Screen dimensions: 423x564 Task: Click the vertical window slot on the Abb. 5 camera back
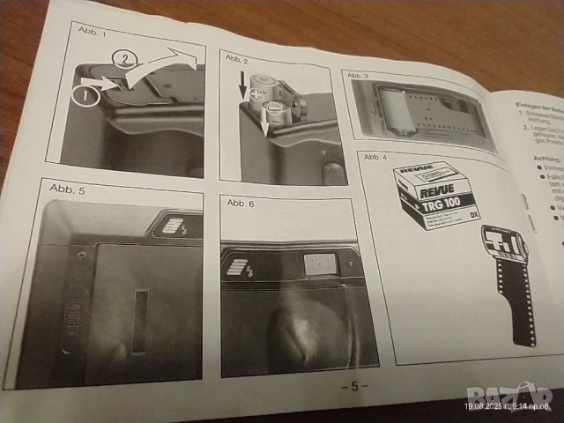pos(138,322)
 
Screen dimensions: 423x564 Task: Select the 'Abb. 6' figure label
pos(240,203)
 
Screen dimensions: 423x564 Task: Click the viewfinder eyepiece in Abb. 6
pos(319,263)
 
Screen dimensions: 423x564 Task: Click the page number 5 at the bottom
pos(353,386)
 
